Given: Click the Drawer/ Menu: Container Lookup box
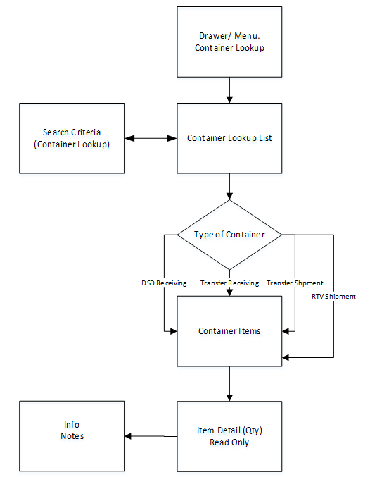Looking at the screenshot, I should (229, 42).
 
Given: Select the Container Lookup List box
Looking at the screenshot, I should (229, 138).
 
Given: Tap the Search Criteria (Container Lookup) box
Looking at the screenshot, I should (72, 138).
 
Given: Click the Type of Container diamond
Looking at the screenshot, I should (229, 235).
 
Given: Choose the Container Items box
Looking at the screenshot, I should (229, 330).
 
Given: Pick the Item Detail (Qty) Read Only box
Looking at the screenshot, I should (229, 436).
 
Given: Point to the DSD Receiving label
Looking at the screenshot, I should (163, 283).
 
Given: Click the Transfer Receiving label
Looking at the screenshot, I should (229, 283).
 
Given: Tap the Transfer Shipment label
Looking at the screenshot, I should (295, 283).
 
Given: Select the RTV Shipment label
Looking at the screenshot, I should (333, 297).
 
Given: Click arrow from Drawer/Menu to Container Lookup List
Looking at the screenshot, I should (229, 89).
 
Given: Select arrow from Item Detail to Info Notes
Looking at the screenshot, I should (151, 437).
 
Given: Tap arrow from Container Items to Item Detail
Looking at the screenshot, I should (229, 384).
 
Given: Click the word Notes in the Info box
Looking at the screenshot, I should (72, 437).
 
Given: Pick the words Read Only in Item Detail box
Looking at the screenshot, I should (229, 442).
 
